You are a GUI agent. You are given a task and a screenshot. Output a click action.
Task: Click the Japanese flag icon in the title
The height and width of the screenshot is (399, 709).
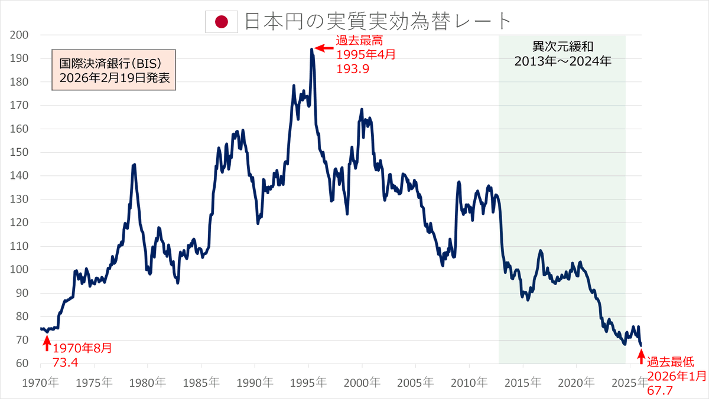[221, 22]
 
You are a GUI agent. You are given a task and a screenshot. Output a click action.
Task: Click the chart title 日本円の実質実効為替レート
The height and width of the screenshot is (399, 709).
[377, 21]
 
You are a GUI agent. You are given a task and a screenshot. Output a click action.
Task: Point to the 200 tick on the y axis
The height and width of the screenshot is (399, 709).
[20, 35]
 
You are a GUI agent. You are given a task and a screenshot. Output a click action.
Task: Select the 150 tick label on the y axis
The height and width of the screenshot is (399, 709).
[20, 152]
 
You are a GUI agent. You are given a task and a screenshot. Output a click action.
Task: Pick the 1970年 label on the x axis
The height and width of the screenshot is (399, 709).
[40, 382]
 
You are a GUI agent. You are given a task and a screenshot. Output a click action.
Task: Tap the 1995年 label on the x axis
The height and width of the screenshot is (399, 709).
[308, 382]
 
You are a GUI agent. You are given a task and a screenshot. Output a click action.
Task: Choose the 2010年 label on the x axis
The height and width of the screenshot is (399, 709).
[469, 382]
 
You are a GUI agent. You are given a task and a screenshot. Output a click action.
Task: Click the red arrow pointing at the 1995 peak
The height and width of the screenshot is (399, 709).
[323, 48]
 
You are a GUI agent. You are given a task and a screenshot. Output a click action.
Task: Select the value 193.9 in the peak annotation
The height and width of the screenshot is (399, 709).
[353, 68]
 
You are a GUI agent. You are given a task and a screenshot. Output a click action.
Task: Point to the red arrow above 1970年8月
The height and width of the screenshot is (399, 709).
[47, 342]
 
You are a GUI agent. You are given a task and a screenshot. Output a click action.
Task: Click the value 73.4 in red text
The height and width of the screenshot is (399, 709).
[66, 361]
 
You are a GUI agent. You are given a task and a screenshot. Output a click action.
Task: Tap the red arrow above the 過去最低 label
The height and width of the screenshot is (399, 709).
[641, 356]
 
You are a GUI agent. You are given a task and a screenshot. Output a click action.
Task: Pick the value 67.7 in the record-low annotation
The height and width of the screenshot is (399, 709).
[661, 389]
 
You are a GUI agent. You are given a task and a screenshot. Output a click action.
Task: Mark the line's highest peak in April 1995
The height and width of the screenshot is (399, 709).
[311, 50]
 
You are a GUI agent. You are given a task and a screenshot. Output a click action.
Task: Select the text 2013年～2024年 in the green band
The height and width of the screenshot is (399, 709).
[562, 61]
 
